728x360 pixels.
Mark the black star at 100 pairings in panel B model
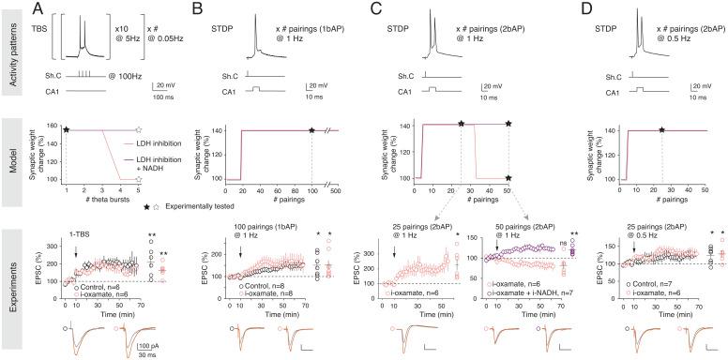click(x=311, y=130)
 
